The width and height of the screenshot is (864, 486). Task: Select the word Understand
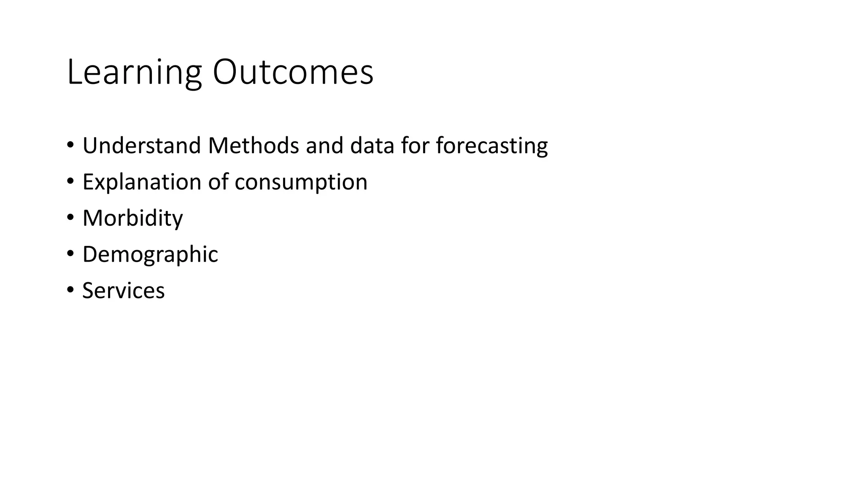click(141, 146)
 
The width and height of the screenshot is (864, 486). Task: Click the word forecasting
click(491, 146)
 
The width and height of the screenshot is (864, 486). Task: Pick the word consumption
click(301, 183)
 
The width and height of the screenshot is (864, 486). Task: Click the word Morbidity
click(132, 219)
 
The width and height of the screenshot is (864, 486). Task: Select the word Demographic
click(150, 255)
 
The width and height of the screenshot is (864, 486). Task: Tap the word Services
click(123, 291)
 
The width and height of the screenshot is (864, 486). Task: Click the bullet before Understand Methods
click(70, 146)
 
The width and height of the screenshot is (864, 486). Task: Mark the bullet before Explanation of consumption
click(70, 182)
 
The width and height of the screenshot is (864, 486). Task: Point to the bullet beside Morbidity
click(70, 218)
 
